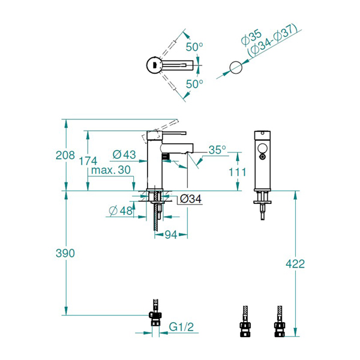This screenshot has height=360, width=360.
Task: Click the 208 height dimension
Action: pyautogui.click(x=65, y=155)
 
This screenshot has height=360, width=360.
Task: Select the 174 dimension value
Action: pyautogui.click(x=88, y=161)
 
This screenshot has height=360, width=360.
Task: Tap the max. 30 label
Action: pyautogui.click(x=111, y=170)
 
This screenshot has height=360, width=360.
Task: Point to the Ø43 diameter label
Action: pyautogui.click(x=124, y=155)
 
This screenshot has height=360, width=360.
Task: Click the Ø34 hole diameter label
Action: pyautogui.click(x=191, y=199)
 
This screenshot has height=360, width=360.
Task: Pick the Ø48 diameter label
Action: pyautogui.click(x=121, y=211)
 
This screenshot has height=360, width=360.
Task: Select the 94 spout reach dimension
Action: pyautogui.click(x=171, y=235)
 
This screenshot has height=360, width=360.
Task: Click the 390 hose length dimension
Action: pyautogui.click(x=65, y=253)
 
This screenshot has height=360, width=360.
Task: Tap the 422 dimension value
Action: pyautogui.click(x=295, y=264)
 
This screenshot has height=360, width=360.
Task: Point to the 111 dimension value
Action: pyautogui.click(x=238, y=172)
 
